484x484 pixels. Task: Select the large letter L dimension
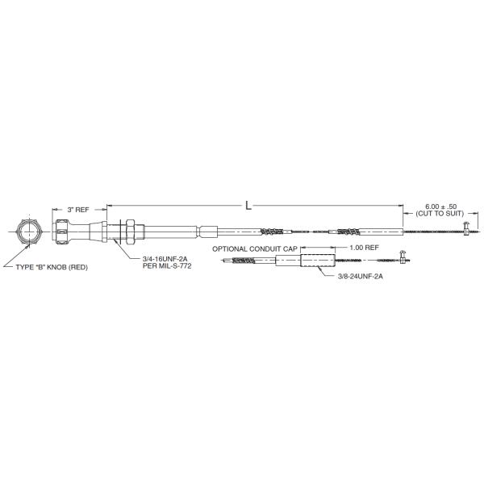248,207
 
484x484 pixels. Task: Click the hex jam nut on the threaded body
127,232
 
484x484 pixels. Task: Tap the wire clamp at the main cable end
465,232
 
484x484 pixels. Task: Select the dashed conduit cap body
316,262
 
